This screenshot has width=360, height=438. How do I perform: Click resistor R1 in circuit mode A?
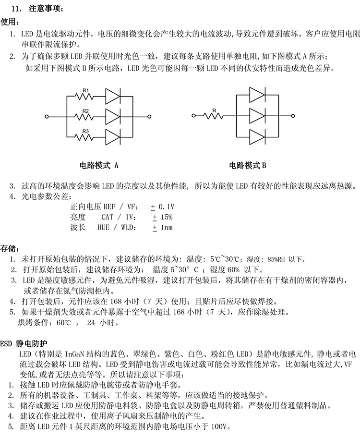pos(86,96)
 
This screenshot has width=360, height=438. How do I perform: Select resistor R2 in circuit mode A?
pos(86,116)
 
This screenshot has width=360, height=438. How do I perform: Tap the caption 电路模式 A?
pos(99,166)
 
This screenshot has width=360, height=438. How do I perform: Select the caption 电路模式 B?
pos(247,166)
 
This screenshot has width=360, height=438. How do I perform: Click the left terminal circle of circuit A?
pos(47,116)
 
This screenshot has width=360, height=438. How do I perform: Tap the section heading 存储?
pos(10,249)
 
